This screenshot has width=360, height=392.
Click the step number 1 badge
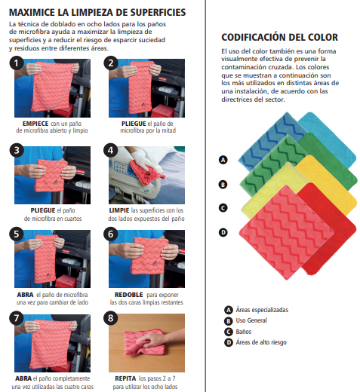tap(17, 63)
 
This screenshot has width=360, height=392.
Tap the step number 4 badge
tap(110, 150)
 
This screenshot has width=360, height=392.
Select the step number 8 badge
tap(110, 318)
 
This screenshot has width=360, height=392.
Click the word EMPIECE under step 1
tap(35, 124)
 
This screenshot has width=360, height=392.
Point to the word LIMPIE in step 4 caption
tap(119, 210)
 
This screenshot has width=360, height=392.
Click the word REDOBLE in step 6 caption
tap(129, 295)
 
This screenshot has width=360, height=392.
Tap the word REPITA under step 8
tap(125, 378)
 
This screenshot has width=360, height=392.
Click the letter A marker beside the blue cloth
tap(223, 160)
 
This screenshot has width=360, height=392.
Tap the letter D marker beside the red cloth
tap(223, 232)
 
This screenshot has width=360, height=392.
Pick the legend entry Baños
tap(244, 332)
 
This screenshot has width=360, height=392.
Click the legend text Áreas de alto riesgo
tap(261, 342)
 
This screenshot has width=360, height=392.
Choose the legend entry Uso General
tap(251, 320)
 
